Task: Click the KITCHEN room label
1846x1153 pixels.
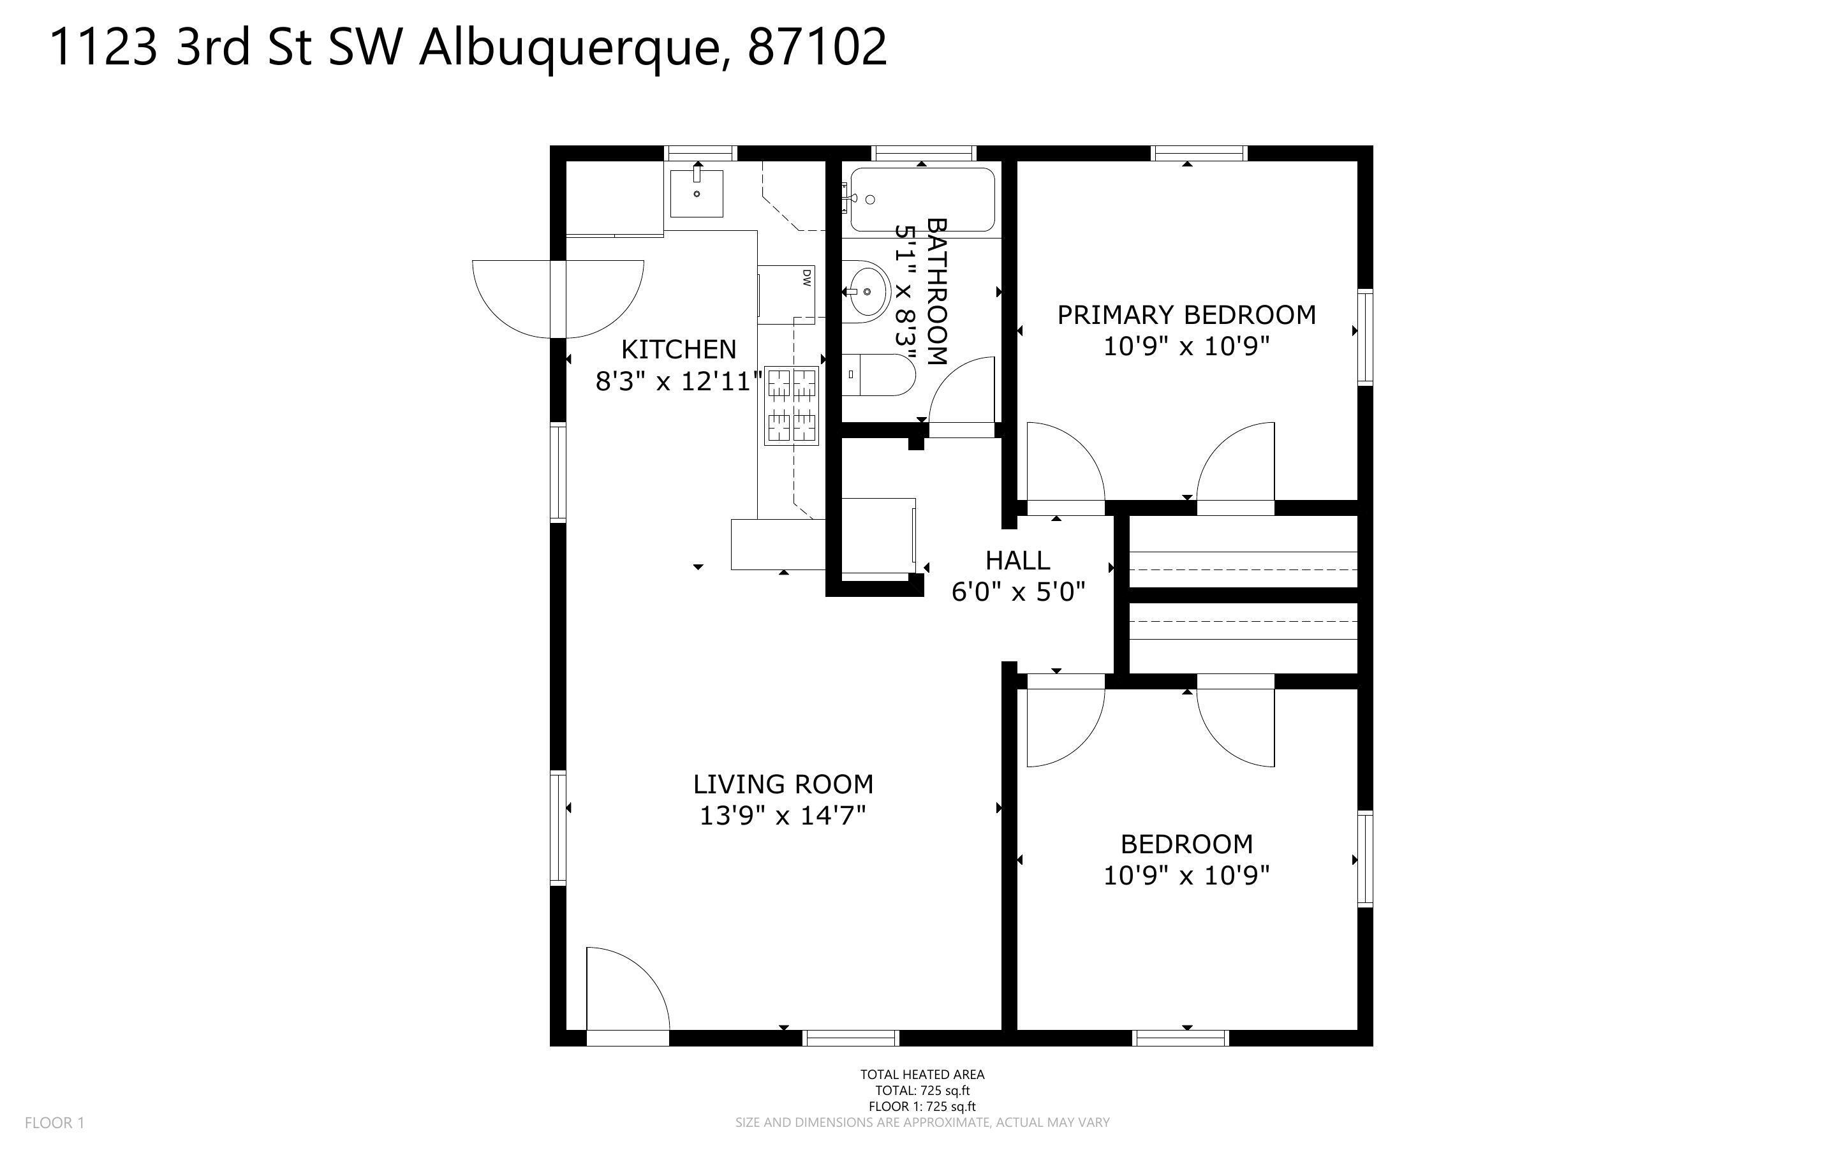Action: click(x=679, y=349)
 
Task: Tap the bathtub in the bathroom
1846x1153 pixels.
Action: click(x=922, y=200)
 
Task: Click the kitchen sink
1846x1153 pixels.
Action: click(x=696, y=194)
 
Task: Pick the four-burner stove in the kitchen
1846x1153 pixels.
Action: click(x=792, y=406)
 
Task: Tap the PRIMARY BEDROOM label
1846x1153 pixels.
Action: click(x=1186, y=315)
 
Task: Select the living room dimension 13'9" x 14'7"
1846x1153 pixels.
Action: click(x=783, y=816)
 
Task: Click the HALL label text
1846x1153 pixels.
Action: click(x=1017, y=561)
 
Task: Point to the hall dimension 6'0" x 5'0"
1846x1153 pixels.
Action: click(x=1017, y=592)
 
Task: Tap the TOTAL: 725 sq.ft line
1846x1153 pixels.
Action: click(x=922, y=1091)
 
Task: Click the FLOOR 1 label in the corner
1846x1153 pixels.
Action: click(x=54, y=1122)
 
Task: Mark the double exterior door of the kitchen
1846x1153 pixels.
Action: click(x=558, y=299)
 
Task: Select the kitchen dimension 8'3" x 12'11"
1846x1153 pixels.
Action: click(x=679, y=381)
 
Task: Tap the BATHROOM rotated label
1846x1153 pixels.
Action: click(x=936, y=291)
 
